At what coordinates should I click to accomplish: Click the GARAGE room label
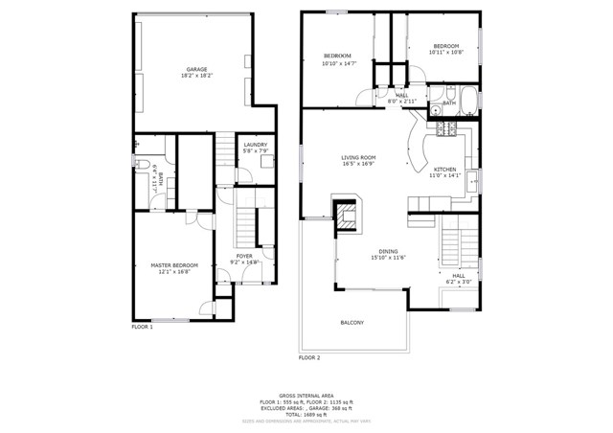pyautogui.click(x=196, y=69)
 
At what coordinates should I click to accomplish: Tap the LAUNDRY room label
pyautogui.click(x=255, y=145)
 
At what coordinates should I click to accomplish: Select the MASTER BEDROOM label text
pyautogui.click(x=174, y=264)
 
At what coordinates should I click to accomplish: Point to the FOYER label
pyautogui.click(x=245, y=256)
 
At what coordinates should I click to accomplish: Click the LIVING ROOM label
pyautogui.click(x=358, y=158)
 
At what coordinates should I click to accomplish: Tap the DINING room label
pyautogui.click(x=388, y=251)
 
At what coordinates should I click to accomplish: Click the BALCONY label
pyautogui.click(x=352, y=322)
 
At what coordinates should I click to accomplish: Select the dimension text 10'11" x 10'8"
pyautogui.click(x=446, y=53)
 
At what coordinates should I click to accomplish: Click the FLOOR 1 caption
pyautogui.click(x=142, y=327)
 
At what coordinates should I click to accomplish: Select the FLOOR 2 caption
pyautogui.click(x=308, y=357)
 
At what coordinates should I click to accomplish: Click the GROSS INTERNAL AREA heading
pyautogui.click(x=306, y=395)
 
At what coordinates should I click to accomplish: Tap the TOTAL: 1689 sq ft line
pyautogui.click(x=306, y=413)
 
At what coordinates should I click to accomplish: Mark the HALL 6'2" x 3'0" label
pyautogui.click(x=458, y=279)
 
